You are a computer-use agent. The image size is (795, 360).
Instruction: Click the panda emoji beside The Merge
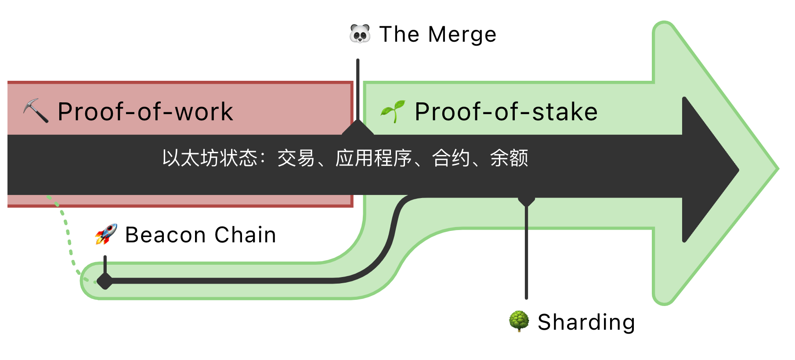pos(360,34)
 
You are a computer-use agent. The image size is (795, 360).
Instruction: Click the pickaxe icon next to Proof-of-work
pos(36,111)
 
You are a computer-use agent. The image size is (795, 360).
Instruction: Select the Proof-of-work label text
pos(145,112)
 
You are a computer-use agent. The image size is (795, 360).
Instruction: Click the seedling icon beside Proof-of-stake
pos(393,111)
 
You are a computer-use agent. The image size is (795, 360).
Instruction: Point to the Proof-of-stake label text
pos(506,112)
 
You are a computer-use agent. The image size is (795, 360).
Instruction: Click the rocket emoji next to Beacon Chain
pos(106,234)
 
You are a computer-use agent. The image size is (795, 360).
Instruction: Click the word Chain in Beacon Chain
pos(245,235)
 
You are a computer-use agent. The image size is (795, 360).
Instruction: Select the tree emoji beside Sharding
pos(519,321)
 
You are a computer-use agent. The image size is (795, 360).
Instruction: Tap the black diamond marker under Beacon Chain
pos(105,281)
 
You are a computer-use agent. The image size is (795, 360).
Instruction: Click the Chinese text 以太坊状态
pos(209,158)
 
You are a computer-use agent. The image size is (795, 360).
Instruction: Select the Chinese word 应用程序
pos(373,158)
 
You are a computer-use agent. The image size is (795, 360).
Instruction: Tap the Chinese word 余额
pos(509,158)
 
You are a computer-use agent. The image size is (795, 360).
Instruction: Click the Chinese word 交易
pos(296,158)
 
